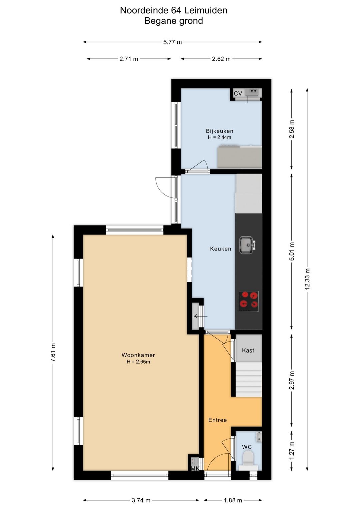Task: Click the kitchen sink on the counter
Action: tap(247, 245)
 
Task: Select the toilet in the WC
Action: tap(248, 458)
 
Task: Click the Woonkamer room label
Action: tap(138, 355)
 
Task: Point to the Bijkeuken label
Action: tap(219, 131)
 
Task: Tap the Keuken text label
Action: tap(220, 249)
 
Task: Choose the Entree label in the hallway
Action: tap(217, 420)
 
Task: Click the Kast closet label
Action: tap(248, 351)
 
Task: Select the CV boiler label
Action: tap(238, 94)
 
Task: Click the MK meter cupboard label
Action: tap(195, 468)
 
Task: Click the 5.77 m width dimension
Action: tap(172, 42)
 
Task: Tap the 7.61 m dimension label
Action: tap(53, 352)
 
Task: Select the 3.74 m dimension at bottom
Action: tap(141, 500)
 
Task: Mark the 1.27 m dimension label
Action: tap(292, 450)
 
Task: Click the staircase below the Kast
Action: tap(248, 380)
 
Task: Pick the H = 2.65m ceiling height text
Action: tap(138, 362)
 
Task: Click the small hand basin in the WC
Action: tap(259, 435)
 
